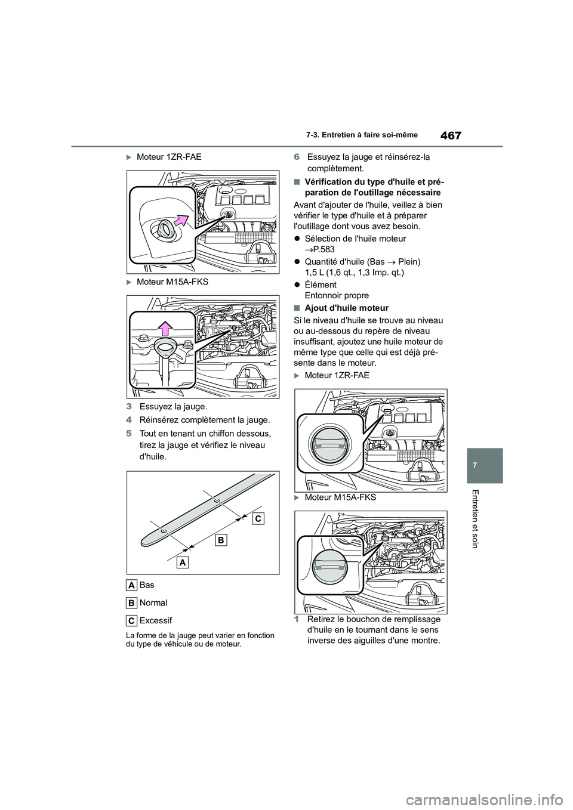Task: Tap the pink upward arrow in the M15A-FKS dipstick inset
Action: pyautogui.click(x=165, y=329)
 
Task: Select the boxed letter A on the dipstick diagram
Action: pyautogui.click(x=182, y=562)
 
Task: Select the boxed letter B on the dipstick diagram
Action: pyautogui.click(x=220, y=540)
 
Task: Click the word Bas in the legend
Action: pyautogui.click(x=147, y=585)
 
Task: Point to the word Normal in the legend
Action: pyautogui.click(x=153, y=603)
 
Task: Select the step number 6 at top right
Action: pyautogui.click(x=296, y=157)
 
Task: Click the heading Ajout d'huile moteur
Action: pyautogui.click(x=346, y=308)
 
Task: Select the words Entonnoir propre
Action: pyautogui.click(x=336, y=295)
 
